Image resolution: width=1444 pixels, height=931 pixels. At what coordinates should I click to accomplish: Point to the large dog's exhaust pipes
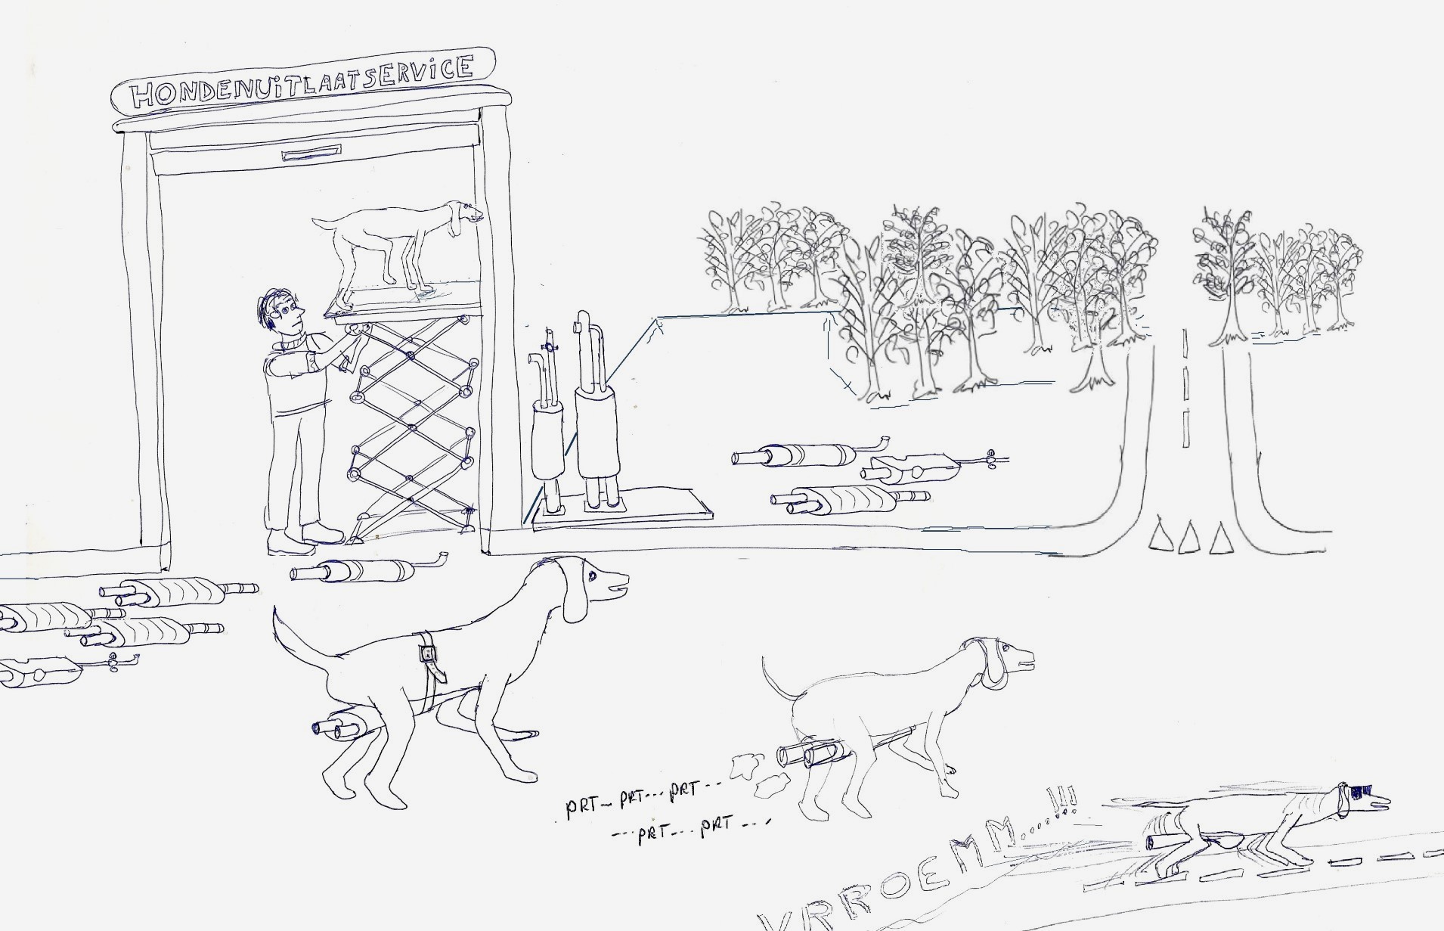(340, 725)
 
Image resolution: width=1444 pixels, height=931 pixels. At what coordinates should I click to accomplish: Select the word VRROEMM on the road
(900, 877)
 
